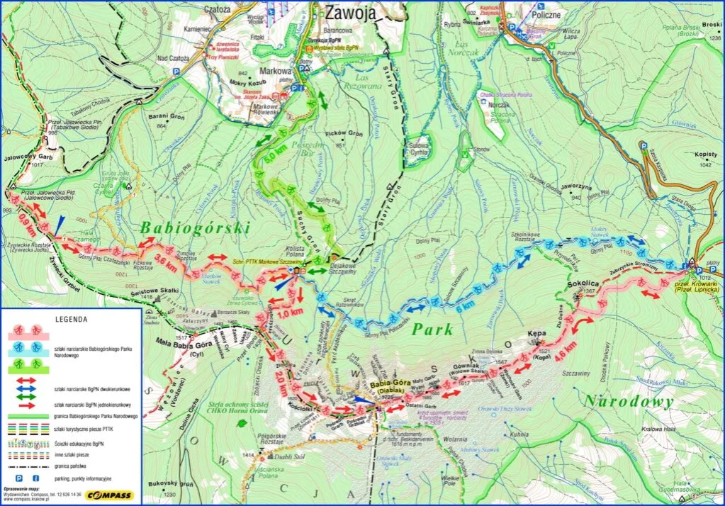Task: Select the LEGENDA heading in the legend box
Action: point(71,319)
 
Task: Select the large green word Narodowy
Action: point(627,402)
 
